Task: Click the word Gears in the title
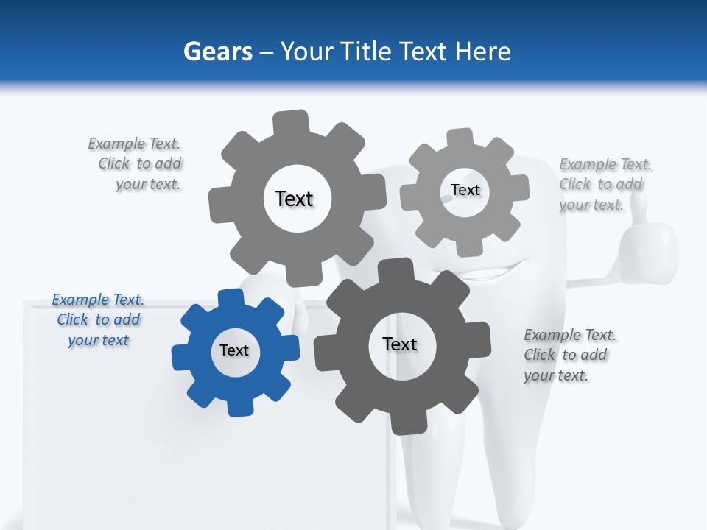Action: [217, 52]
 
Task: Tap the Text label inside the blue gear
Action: [234, 350]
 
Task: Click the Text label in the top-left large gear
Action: [294, 199]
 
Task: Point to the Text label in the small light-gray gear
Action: [465, 190]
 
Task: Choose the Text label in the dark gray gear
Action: [400, 344]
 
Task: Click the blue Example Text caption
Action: [98, 319]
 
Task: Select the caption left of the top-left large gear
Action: [137, 163]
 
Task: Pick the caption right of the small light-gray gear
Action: [605, 184]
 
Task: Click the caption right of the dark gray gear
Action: [569, 355]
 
